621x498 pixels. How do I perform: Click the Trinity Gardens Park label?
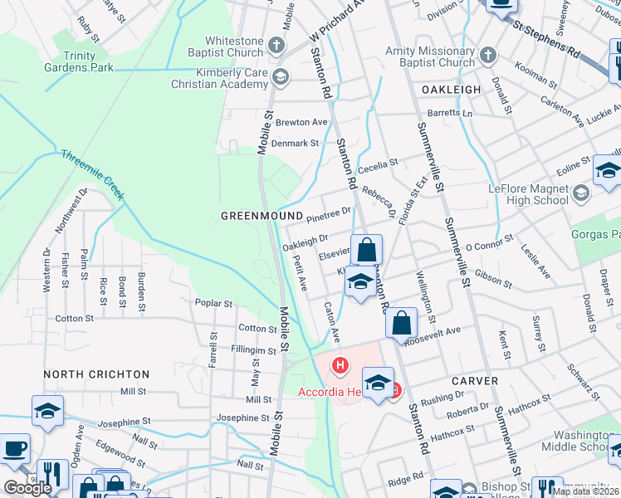[80, 61]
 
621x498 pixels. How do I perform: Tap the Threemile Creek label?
[91, 175]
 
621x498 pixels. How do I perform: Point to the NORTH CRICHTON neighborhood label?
[96, 374]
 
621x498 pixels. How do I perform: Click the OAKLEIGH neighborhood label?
[451, 89]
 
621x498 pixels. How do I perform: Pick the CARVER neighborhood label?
[475, 381]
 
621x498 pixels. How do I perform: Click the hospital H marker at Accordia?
[340, 364]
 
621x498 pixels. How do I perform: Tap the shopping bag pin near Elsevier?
[366, 249]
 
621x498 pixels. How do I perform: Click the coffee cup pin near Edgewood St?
[15, 449]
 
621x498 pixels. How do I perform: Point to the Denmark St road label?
[297, 143]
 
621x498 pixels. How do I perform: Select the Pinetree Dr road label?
[329, 217]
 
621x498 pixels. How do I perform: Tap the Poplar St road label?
[214, 304]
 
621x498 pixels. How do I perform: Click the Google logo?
[28, 487]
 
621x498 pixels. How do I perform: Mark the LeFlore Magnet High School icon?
[580, 193]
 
